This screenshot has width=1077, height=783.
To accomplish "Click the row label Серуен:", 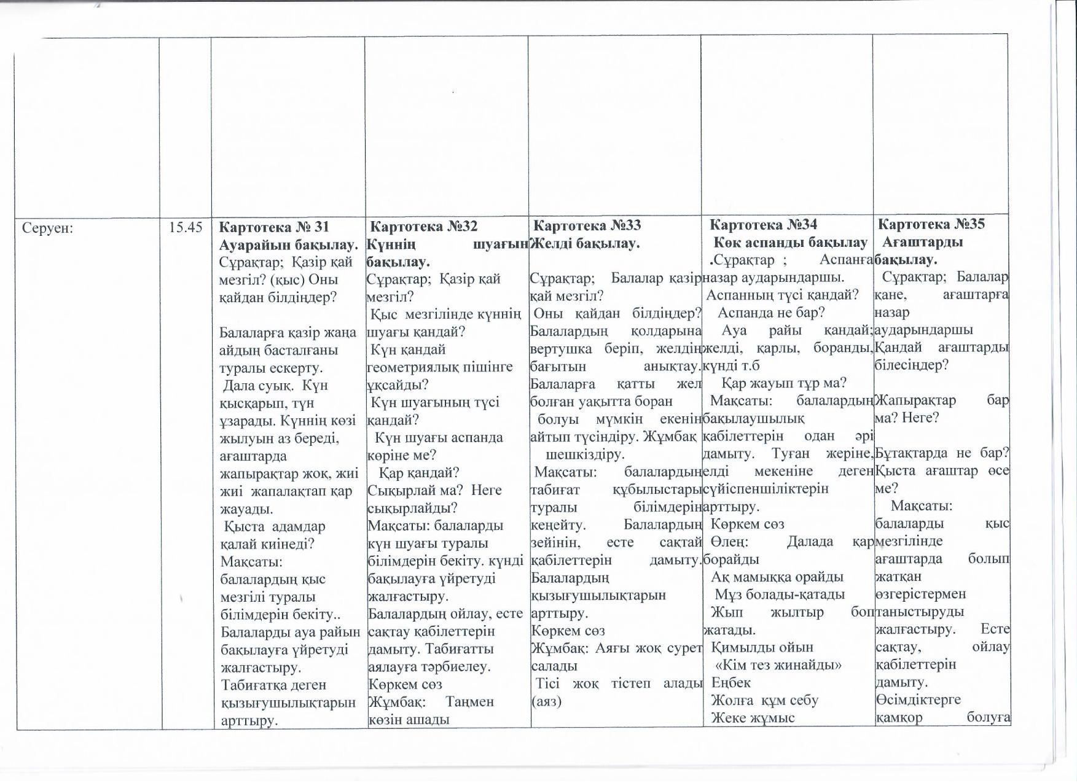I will click(48, 228).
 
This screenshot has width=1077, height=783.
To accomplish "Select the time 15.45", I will click(186, 227).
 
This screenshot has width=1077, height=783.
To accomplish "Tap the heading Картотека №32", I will click(424, 226).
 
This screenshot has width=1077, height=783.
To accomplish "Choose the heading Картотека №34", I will click(763, 225).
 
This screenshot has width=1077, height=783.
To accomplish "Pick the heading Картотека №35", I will click(931, 224).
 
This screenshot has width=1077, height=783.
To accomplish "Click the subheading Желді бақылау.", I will click(585, 243).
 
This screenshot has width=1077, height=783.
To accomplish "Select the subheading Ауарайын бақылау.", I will click(289, 244).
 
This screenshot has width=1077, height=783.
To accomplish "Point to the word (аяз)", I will click(546, 701).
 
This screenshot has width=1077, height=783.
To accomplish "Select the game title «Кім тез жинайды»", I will click(778, 665).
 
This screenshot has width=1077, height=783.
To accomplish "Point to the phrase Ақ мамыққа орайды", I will click(777, 577).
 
